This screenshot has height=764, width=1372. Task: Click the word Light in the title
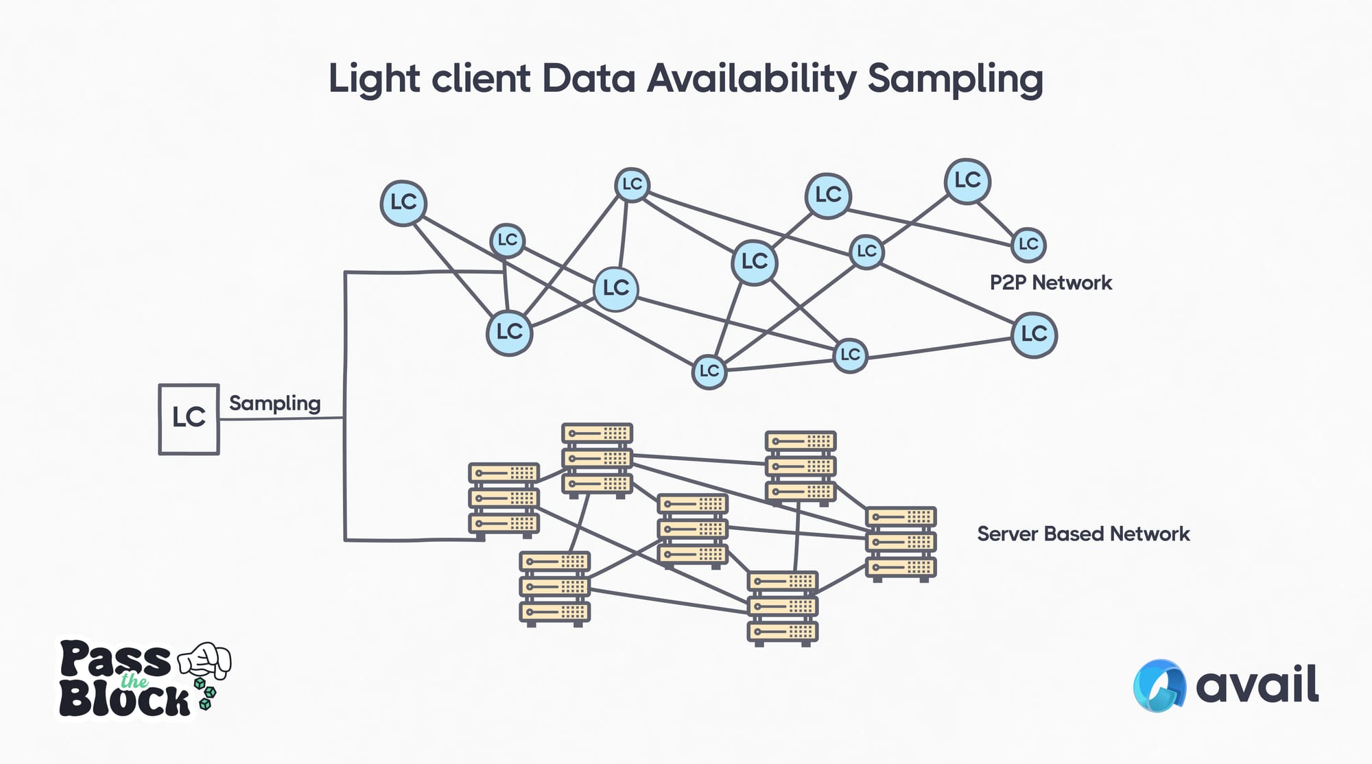[374, 78]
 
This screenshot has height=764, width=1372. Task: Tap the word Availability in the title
[752, 78]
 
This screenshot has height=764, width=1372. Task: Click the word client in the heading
[481, 78]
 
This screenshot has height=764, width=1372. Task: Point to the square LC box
[189, 418]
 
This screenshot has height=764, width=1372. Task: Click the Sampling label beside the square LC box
[274, 403]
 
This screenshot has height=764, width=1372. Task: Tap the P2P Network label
[1050, 283]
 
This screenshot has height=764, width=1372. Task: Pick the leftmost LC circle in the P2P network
[403, 203]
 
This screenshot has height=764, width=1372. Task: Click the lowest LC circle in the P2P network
[709, 372]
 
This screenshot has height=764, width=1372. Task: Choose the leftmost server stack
[504, 499]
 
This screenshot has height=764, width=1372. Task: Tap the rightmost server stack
[901, 542]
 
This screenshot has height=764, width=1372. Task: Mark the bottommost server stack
[782, 608]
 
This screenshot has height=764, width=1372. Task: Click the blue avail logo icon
[1159, 685]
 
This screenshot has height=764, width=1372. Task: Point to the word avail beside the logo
[1257, 684]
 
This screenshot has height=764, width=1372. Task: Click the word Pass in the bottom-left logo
[115, 660]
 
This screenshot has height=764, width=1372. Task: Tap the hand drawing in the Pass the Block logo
[205, 660]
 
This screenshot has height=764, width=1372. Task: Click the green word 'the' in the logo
[134, 681]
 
